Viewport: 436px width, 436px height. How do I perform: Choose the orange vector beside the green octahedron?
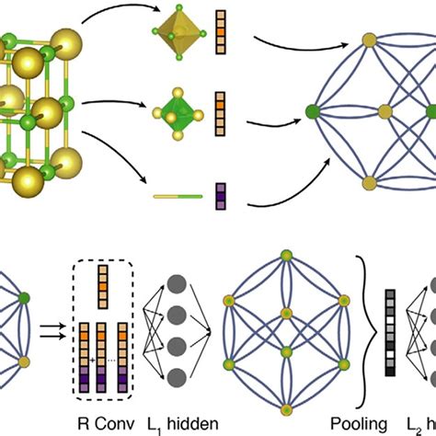[x=220, y=109]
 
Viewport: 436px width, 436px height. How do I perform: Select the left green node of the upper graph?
[x=312, y=114]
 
